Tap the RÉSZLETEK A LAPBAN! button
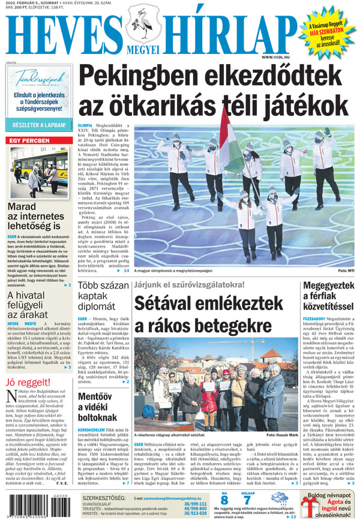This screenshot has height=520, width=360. (39, 125)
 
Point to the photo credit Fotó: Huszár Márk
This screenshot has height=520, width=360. (281, 434)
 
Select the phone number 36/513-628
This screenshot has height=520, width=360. (195, 513)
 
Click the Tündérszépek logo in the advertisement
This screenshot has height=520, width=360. (38, 79)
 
